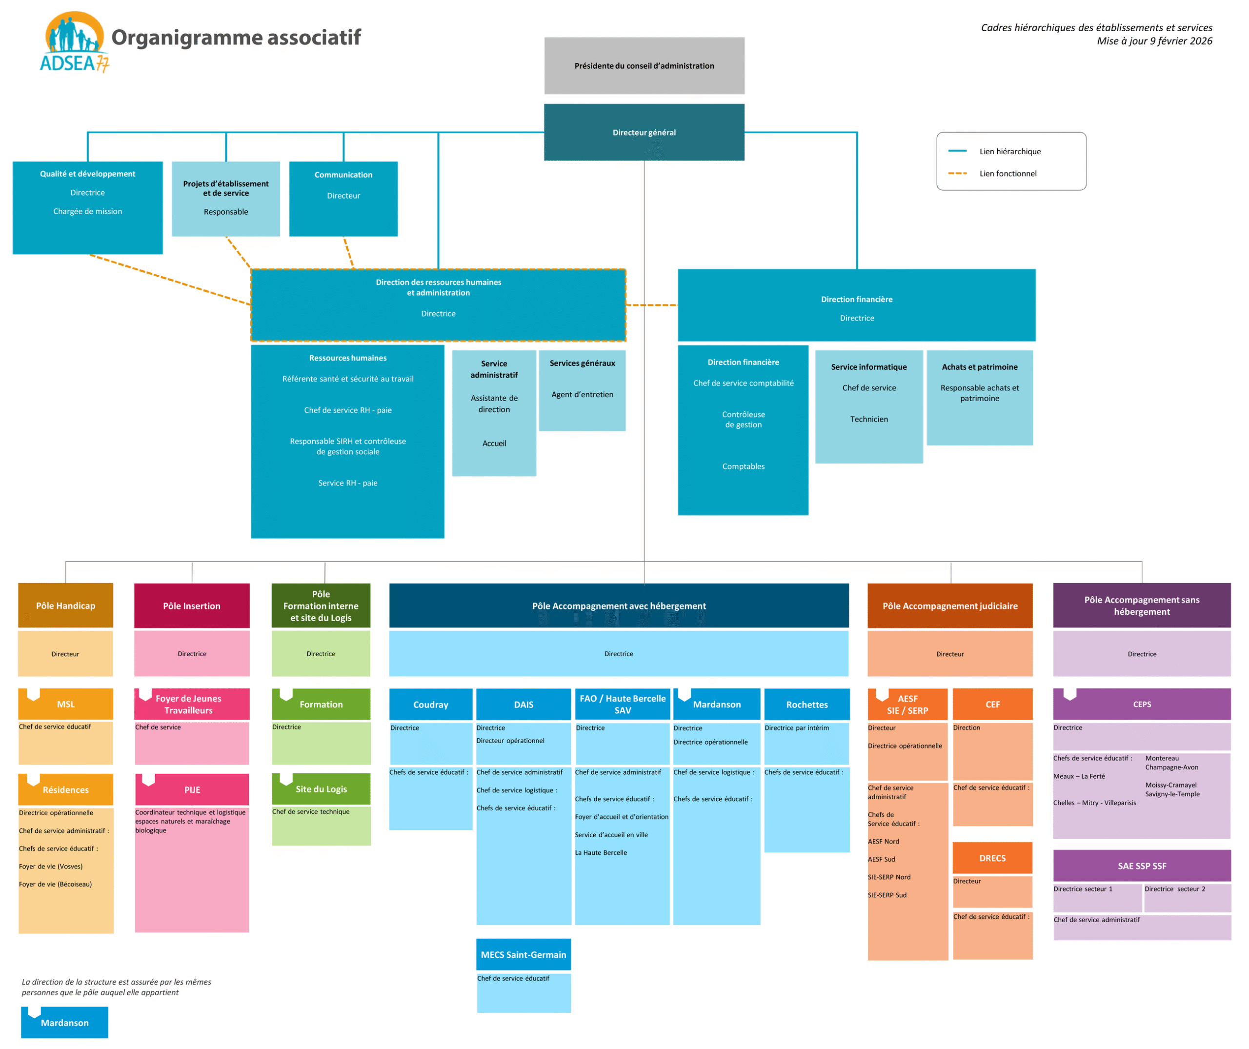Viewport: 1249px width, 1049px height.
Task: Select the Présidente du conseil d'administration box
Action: click(x=644, y=66)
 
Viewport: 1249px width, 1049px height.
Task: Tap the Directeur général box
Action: click(x=644, y=133)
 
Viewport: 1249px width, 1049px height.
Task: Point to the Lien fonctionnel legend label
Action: click(x=1007, y=174)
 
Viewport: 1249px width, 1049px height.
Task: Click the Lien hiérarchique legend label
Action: click(x=1010, y=152)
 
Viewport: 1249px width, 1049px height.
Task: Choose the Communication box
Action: click(x=343, y=199)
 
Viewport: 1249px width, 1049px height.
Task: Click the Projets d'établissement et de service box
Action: click(x=226, y=199)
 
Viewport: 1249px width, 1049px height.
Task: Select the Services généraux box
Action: click(x=582, y=390)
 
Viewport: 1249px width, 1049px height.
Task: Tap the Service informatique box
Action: click(x=869, y=406)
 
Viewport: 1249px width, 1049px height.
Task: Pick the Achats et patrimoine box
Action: click(x=980, y=397)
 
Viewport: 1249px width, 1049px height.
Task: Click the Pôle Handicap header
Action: click(x=65, y=605)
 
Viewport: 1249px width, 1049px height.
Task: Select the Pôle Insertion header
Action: click(x=192, y=605)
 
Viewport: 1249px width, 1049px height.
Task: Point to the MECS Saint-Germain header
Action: click(x=524, y=954)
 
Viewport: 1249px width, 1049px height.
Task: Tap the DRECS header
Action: click(x=992, y=858)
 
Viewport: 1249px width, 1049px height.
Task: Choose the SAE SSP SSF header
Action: click(x=1141, y=866)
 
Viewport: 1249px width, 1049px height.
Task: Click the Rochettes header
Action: click(x=806, y=705)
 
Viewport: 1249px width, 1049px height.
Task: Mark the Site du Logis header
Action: click(x=321, y=789)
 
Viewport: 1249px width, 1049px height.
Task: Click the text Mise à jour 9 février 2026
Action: click(x=1154, y=41)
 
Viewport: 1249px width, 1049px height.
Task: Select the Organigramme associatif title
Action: click(x=236, y=38)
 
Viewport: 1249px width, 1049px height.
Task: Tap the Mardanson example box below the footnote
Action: click(x=64, y=1022)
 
